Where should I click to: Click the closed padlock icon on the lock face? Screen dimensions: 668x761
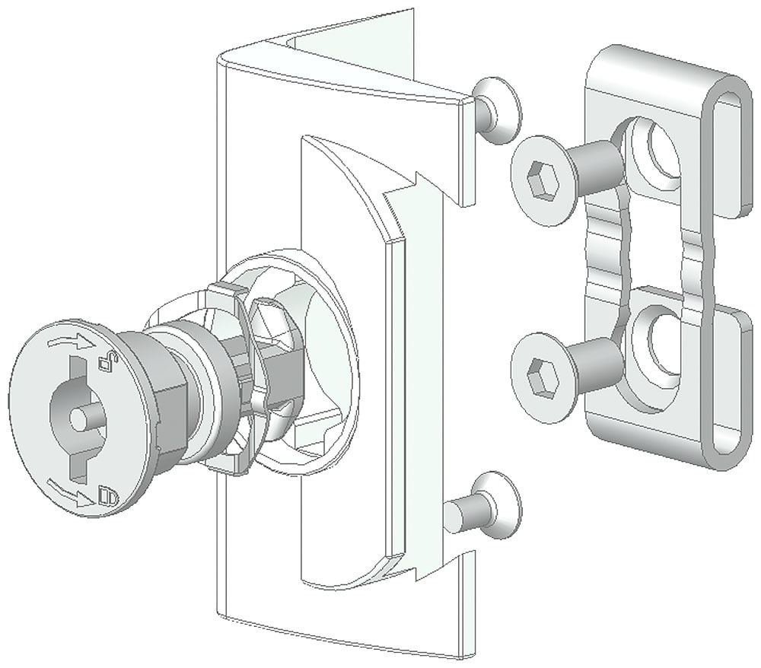pos(109,495)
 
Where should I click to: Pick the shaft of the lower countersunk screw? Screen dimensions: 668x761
pos(594,358)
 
